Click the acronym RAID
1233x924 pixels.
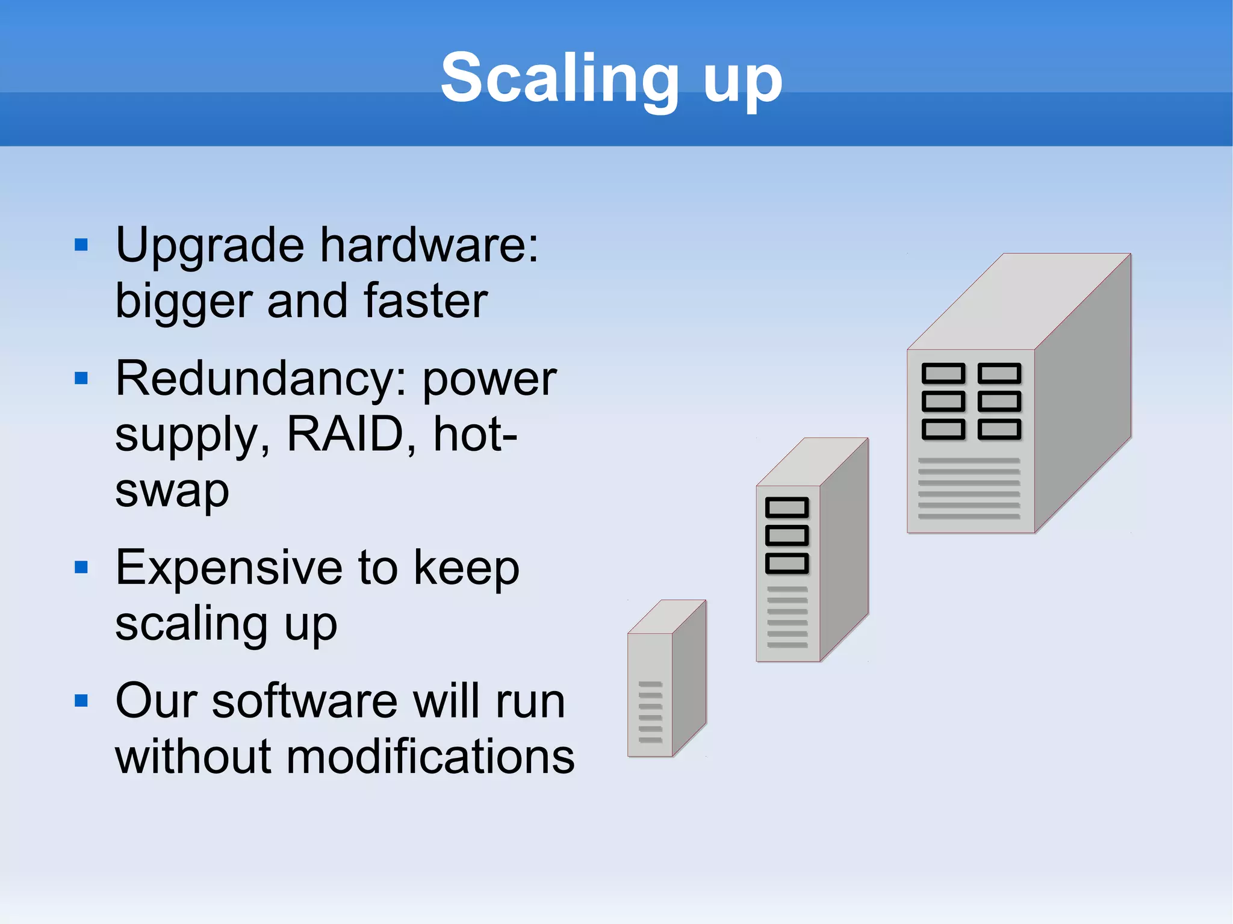point(344,435)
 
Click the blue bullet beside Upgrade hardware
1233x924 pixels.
point(81,245)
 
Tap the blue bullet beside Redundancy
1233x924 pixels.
point(81,379)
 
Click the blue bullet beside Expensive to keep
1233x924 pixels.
point(81,567)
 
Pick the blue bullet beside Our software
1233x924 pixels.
point(81,701)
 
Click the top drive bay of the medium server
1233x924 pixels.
point(787,508)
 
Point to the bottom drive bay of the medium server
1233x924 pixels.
point(787,563)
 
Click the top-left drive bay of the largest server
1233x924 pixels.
point(943,374)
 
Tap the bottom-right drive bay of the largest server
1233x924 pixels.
point(999,430)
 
